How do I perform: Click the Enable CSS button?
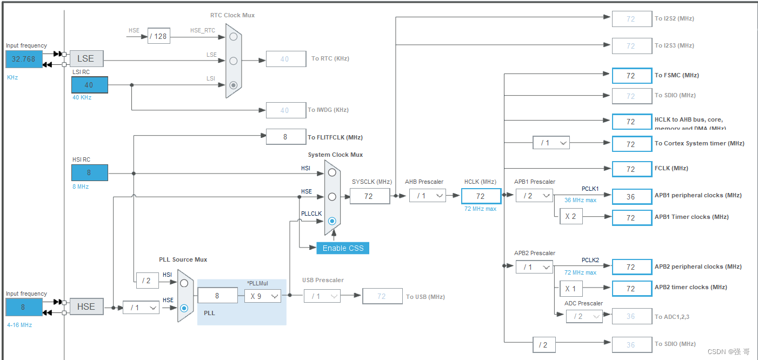343,248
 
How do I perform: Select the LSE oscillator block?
86,58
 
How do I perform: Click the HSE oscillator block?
86,306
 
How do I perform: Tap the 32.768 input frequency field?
24,59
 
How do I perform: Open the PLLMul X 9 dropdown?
263,296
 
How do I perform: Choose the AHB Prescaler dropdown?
427,196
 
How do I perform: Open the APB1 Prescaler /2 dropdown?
534,196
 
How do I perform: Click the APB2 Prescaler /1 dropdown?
534,267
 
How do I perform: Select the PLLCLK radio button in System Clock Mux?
332,221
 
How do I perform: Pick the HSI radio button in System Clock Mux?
332,172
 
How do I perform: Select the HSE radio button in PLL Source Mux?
184,308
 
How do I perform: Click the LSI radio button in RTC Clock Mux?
233,85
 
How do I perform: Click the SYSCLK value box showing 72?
369,196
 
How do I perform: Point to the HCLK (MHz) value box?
481,196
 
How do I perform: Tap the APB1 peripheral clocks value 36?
631,197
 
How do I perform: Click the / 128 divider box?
158,36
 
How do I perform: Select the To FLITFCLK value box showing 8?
285,137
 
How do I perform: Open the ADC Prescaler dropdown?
584,316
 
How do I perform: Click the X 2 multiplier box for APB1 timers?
570,217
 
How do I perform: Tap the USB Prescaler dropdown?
322,296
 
